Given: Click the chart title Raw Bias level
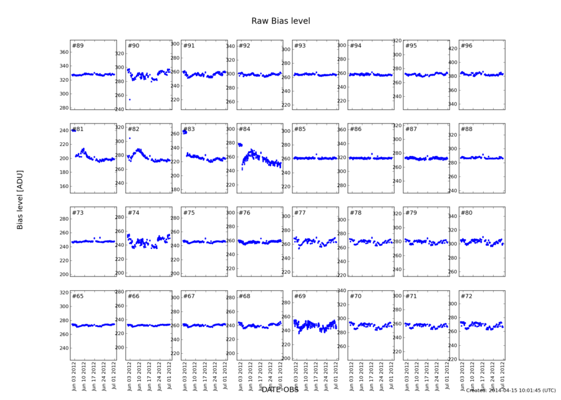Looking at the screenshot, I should click(x=280, y=21).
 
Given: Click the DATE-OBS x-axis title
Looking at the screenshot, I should click(x=280, y=390).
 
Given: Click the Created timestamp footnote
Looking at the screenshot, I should click(x=511, y=391).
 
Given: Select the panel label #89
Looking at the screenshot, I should click(x=78, y=46).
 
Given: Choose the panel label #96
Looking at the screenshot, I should click(x=466, y=46).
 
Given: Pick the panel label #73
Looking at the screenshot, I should click(x=78, y=213).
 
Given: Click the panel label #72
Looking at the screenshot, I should click(x=466, y=296).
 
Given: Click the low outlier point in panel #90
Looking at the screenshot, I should click(x=130, y=99).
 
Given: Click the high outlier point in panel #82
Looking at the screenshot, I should click(x=130, y=138).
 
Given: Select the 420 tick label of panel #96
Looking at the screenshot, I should click(x=451, y=48).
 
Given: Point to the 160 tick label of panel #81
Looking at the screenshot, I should click(x=63, y=187).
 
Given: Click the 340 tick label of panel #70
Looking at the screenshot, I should click(x=340, y=291).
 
